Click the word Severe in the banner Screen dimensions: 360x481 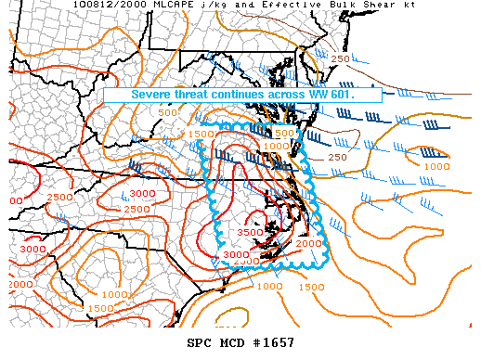[151, 95]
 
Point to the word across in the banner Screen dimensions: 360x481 [306, 95]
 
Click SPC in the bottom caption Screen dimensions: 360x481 [199, 343]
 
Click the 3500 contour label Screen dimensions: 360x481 [251, 232]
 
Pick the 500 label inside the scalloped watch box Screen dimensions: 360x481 [286, 133]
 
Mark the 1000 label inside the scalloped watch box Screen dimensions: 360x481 [276, 147]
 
